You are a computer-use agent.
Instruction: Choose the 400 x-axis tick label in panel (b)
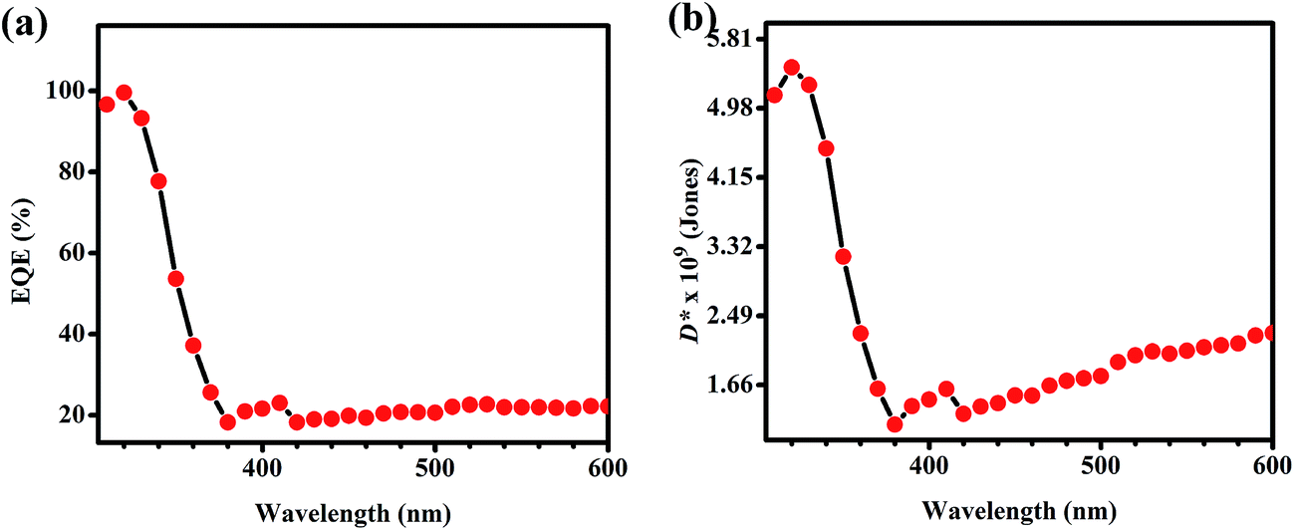[928, 467]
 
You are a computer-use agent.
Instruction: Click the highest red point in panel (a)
[124, 93]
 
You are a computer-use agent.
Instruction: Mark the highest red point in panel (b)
[792, 68]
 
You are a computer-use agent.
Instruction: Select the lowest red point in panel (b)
[895, 424]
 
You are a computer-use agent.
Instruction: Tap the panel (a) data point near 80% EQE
[158, 181]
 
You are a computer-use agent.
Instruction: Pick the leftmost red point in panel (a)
[107, 105]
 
